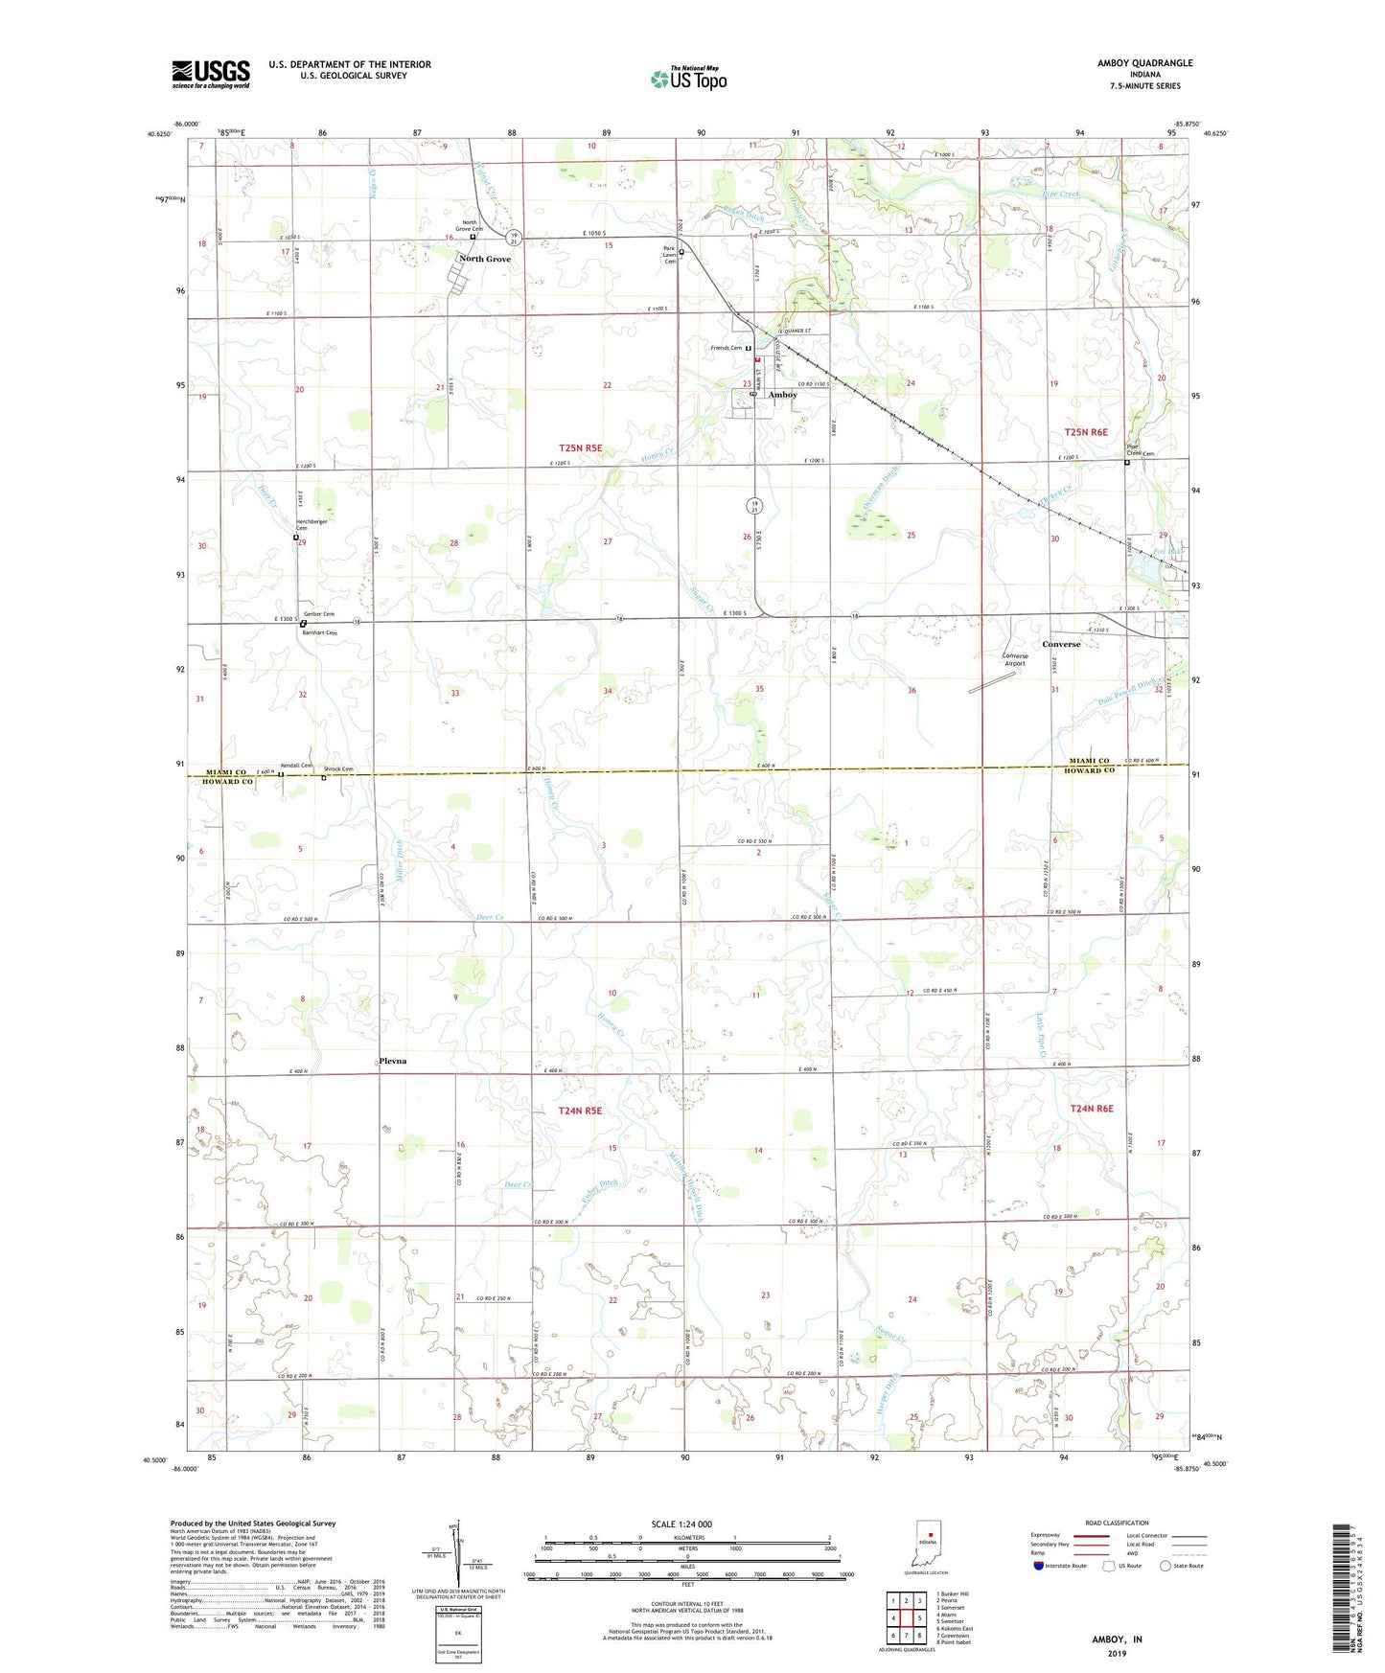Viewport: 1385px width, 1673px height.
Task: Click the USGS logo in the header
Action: (x=211, y=74)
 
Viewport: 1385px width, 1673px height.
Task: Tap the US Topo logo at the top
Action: (x=688, y=79)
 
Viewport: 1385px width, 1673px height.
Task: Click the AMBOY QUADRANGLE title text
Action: (x=1145, y=63)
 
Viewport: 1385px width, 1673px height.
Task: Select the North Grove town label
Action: (x=485, y=260)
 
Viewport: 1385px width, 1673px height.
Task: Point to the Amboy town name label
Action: (x=782, y=395)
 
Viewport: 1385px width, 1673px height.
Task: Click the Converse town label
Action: (x=1061, y=644)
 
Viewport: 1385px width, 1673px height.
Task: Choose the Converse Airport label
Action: (x=1014, y=659)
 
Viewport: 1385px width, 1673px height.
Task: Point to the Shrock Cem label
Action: (x=338, y=769)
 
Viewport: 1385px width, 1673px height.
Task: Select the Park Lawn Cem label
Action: (x=669, y=255)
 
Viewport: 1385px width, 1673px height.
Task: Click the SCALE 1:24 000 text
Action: (x=681, y=1524)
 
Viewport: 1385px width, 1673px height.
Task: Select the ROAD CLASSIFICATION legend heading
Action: (x=1116, y=1523)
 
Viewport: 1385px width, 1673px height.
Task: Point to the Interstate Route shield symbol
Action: (x=1038, y=1567)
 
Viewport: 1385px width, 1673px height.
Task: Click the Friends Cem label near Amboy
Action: (x=727, y=348)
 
